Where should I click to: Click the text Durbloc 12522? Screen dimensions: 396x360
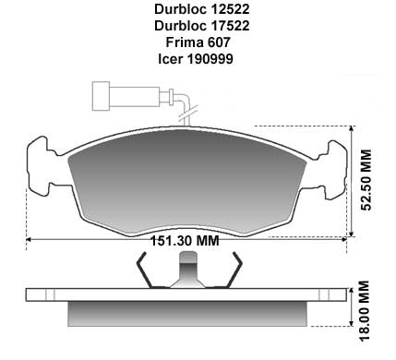pyautogui.click(x=201, y=9)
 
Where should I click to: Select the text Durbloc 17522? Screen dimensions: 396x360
pyautogui.click(x=201, y=26)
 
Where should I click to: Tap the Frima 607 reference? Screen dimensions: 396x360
pyautogui.click(x=198, y=42)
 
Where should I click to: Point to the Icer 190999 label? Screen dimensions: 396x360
pyautogui.click(x=196, y=58)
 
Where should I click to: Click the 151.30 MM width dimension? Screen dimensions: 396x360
pyautogui.click(x=185, y=240)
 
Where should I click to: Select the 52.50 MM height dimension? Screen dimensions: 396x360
pyautogui.click(x=366, y=180)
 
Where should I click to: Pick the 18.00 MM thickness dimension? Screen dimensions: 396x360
pyautogui.click(x=365, y=310)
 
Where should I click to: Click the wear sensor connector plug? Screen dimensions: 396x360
pyautogui.click(x=126, y=96)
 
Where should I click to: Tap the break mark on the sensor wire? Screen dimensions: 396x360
pyautogui.click(x=187, y=114)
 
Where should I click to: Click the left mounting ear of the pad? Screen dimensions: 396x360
pyautogui.click(x=39, y=165)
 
